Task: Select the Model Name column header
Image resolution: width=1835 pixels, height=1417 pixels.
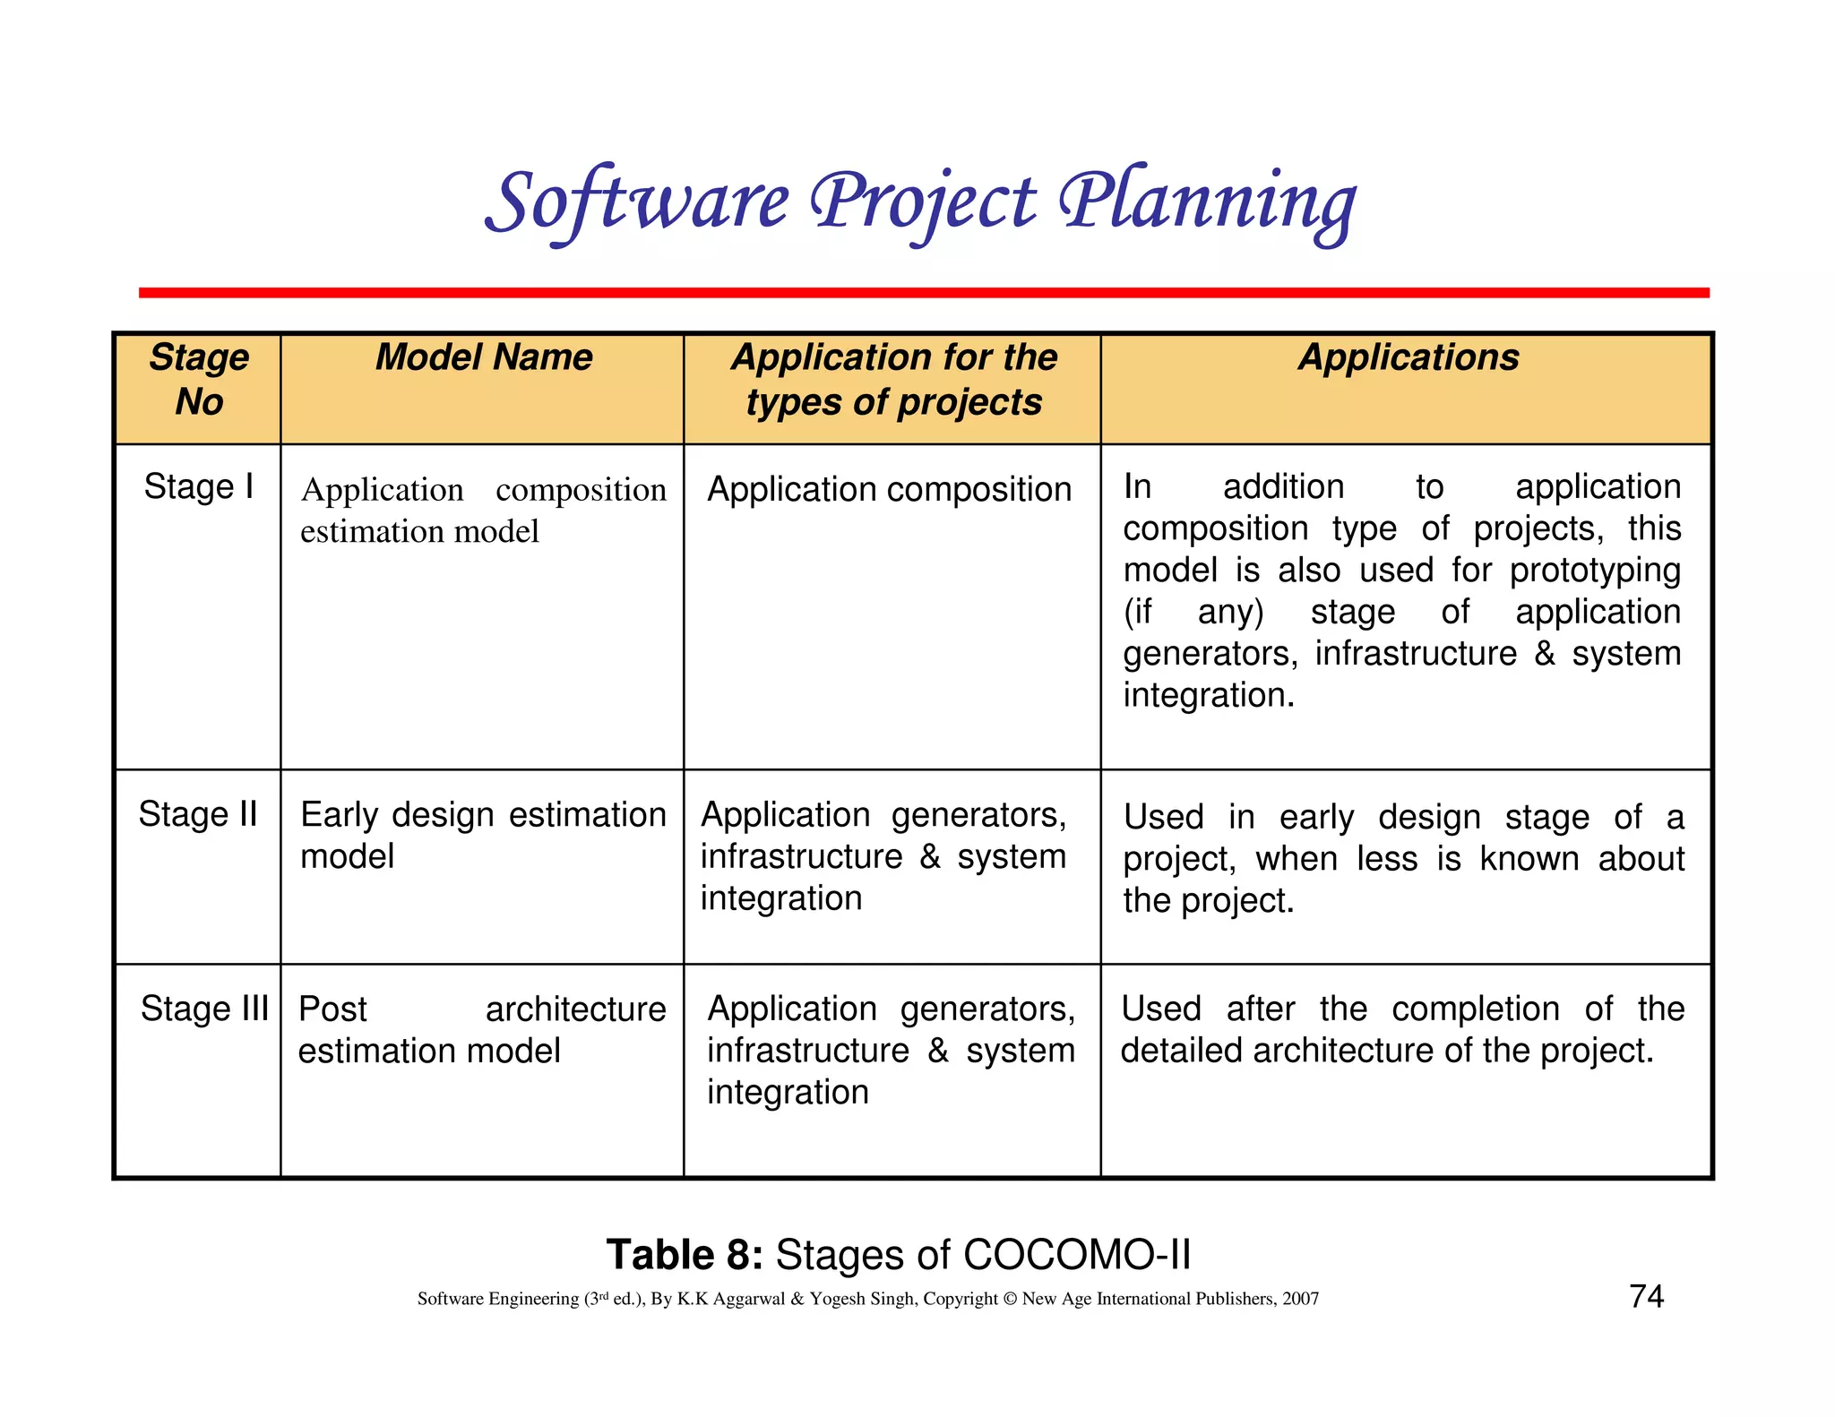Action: (x=484, y=357)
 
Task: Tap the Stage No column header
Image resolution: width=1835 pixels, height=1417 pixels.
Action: (x=199, y=379)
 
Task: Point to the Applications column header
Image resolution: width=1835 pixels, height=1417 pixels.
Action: (x=1409, y=357)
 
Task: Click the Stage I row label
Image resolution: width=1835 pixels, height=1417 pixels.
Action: (x=199, y=487)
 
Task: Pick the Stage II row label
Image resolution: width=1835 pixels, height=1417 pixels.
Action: (x=198, y=814)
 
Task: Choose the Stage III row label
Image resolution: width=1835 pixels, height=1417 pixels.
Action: (x=204, y=1009)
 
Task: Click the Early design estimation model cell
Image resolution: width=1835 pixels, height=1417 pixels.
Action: (x=482, y=835)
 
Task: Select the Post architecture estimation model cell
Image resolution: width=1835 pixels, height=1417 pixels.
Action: (x=482, y=1029)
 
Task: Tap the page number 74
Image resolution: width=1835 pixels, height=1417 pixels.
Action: (x=1646, y=1296)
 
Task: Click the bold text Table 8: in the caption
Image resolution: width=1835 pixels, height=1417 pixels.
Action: (x=684, y=1254)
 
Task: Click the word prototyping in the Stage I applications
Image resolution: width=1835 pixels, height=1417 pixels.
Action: (x=1595, y=571)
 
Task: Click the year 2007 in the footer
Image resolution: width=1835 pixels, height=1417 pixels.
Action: (x=1300, y=1299)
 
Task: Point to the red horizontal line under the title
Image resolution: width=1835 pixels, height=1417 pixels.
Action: (x=924, y=293)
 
